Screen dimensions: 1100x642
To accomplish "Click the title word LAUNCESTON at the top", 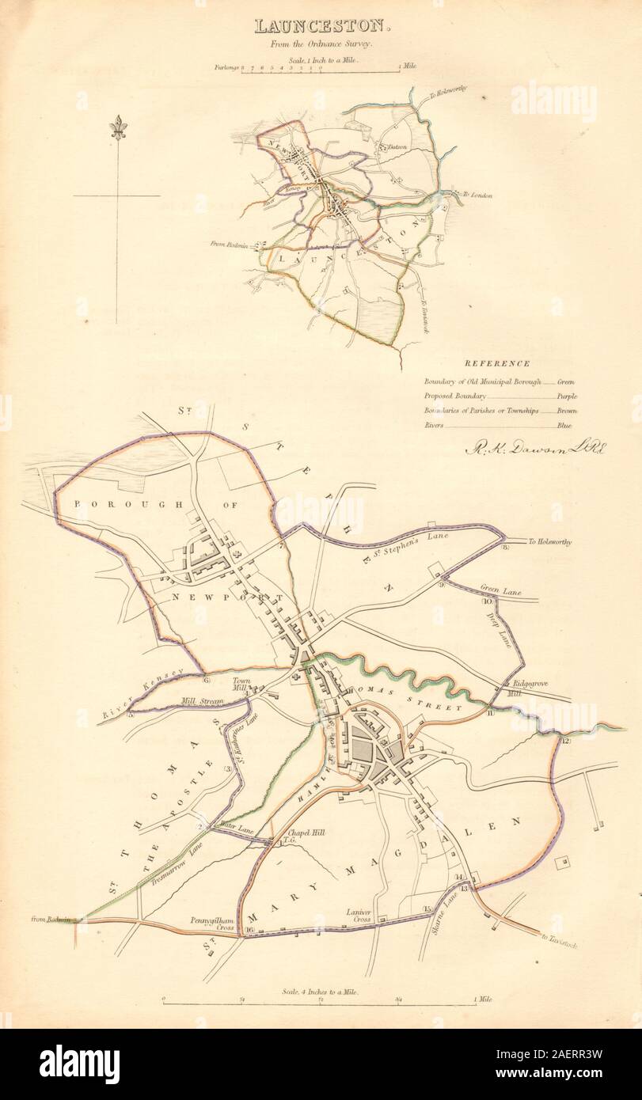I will click(321, 26).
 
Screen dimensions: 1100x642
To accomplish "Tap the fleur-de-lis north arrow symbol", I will click(118, 127).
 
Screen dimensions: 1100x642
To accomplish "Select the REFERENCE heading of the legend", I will click(497, 363).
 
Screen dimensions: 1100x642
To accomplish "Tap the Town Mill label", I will click(241, 685).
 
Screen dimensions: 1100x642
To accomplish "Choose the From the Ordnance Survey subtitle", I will click(321, 45).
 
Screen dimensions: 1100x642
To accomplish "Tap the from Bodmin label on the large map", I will click(53, 919).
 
